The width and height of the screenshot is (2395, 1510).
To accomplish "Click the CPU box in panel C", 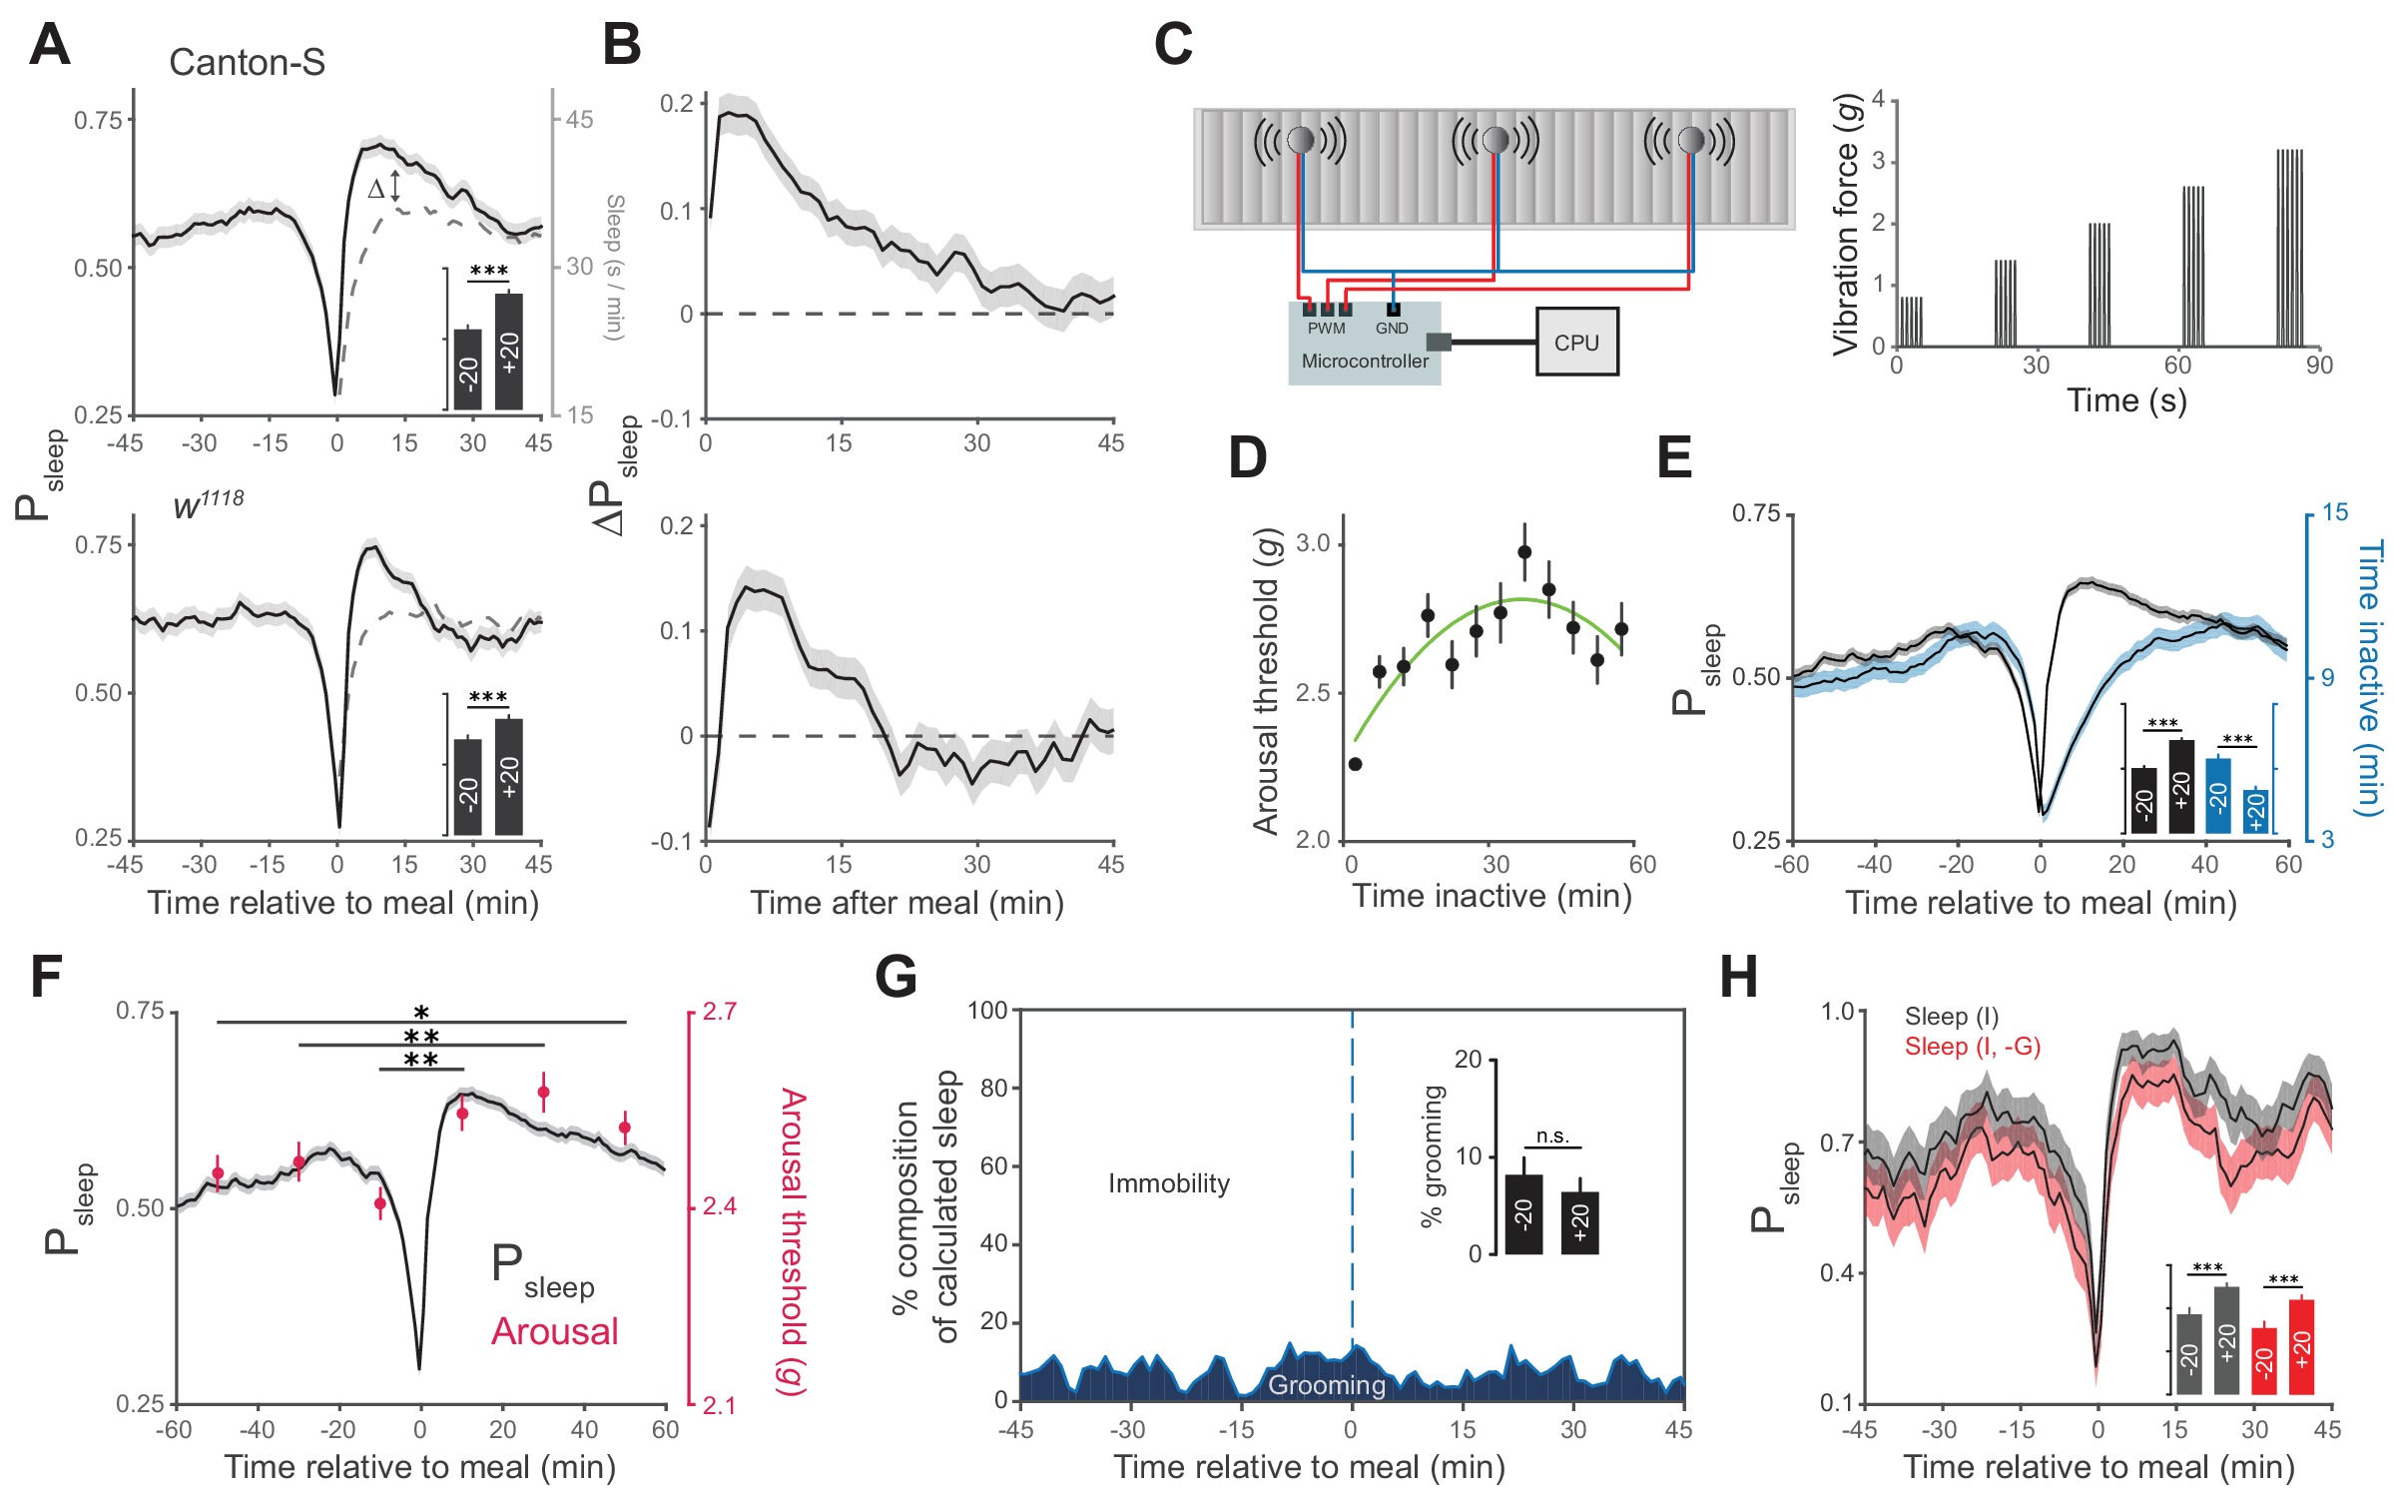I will [x=1576, y=343].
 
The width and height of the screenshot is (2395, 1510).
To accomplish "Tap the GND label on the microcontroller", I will [x=1392, y=329].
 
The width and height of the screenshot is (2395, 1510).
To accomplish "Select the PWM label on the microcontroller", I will [x=1326, y=329].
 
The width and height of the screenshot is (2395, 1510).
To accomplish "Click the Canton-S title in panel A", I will [x=247, y=63].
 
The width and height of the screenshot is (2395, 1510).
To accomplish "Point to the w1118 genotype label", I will [x=208, y=504].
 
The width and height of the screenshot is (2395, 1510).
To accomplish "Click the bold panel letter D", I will [x=1247, y=458].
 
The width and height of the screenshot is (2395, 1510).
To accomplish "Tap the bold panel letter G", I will [x=896, y=978].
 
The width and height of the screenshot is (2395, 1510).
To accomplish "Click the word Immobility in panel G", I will [x=1168, y=1184].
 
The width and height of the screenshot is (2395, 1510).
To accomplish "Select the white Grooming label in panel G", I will [x=1327, y=1385].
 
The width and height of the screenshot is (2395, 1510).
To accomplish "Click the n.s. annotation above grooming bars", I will [x=1552, y=1136].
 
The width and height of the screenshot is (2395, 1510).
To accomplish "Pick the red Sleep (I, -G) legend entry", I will [x=1972, y=1047].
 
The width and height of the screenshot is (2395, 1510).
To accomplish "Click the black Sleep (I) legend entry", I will [x=1951, y=1017].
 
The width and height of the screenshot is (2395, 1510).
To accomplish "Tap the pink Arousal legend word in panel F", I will [x=554, y=1332].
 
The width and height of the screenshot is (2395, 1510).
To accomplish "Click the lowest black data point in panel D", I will [x=1355, y=764].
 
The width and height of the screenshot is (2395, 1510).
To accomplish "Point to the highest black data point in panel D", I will [x=1524, y=552].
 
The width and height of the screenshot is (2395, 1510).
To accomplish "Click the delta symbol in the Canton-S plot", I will [x=376, y=189].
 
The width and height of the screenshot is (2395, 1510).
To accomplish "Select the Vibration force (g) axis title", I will [x=1847, y=224].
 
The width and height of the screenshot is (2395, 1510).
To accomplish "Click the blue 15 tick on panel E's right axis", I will [x=2334, y=513].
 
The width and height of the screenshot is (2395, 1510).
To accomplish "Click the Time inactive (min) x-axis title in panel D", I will [x=1492, y=896].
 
